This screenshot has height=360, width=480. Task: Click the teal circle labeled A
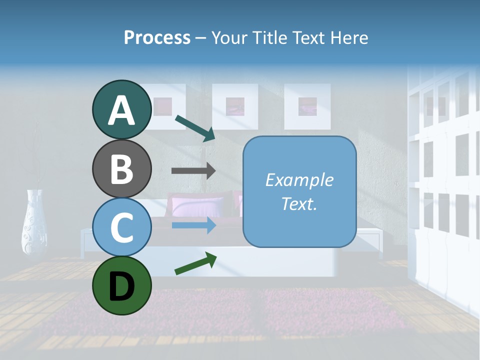pos(121,110)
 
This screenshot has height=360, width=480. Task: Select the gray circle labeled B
pos(121,169)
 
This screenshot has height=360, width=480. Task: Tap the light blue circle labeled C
pos(121,227)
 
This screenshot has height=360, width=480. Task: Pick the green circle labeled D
pos(121,285)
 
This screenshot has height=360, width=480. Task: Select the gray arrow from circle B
pos(193,170)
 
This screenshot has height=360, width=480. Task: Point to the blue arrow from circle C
pos(193,225)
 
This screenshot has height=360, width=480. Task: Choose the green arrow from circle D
pos(195,263)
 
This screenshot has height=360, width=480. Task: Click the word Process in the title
pos(157,37)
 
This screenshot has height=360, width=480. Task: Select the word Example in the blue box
pos(299,180)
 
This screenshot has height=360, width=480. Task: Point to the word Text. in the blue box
pos(299,203)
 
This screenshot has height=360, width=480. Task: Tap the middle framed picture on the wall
pos(235,106)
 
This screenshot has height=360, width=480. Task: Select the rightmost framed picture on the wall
pos(307,106)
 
